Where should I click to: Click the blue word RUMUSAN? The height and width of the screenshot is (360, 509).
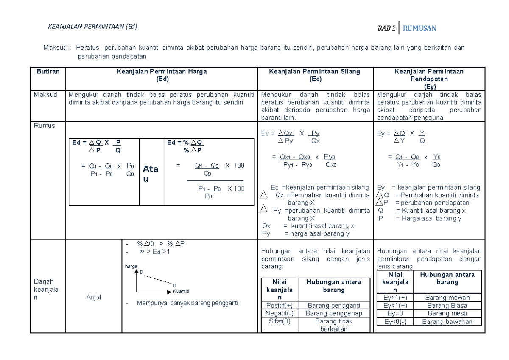click(420, 28)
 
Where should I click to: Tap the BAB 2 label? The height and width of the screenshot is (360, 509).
click(386, 28)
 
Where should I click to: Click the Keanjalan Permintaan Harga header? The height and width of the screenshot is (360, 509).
click(162, 75)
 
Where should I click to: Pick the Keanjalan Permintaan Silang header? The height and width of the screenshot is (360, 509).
click(316, 75)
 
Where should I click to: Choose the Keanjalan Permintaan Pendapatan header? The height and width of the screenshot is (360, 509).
click(429, 79)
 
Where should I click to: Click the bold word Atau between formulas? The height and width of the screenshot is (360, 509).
click(151, 174)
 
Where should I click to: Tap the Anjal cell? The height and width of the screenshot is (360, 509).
click(94, 297)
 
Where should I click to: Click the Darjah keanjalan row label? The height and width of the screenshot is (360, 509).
click(44, 289)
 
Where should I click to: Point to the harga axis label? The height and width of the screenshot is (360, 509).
click(131, 266)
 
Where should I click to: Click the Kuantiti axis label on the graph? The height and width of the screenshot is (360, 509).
click(181, 291)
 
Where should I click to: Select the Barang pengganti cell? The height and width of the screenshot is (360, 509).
click(334, 305)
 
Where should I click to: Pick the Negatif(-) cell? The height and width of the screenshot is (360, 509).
click(279, 313)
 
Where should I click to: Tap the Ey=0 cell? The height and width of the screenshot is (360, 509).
click(394, 313)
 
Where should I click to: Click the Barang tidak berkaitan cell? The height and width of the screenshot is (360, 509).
click(334, 325)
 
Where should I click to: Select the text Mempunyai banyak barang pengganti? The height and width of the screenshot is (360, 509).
click(187, 303)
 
